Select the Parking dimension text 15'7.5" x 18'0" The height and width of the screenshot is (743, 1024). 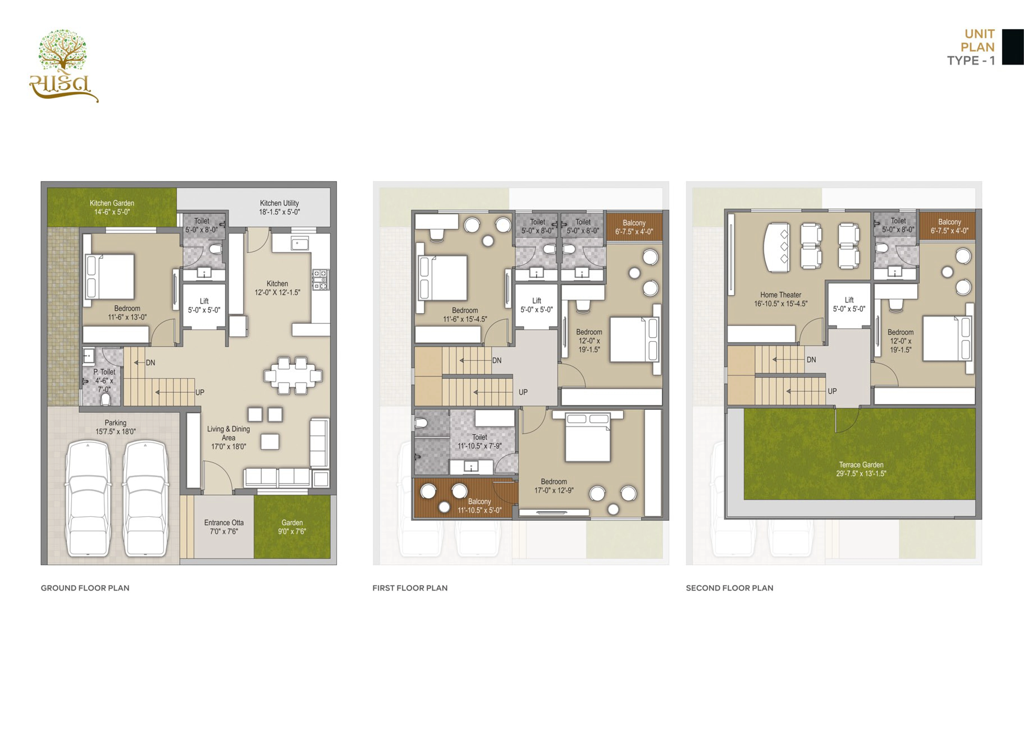pos(116,432)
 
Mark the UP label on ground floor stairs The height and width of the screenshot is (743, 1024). pos(199,392)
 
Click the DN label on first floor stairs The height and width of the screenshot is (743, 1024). pos(497,360)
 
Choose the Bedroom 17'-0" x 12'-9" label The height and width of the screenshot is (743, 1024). pos(554,486)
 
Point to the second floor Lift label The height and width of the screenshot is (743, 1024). pos(849,304)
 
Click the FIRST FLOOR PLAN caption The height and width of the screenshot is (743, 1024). pos(410,588)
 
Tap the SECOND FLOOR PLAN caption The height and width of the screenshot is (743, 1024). pos(730,588)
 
